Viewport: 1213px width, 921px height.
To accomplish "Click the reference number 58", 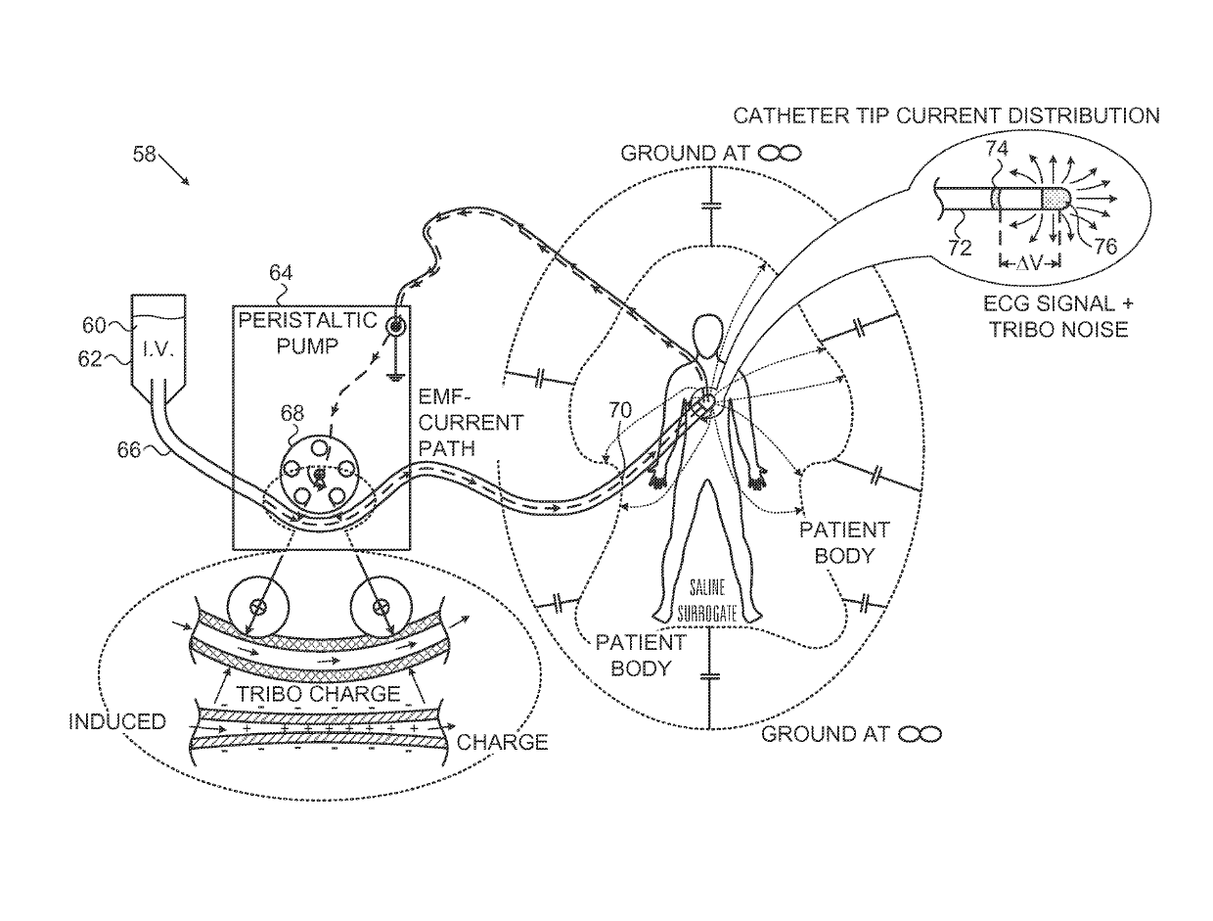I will [x=144, y=155].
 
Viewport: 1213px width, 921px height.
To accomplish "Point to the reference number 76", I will [x=1104, y=247].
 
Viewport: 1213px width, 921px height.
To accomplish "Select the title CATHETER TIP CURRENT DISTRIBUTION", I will [x=947, y=116].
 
